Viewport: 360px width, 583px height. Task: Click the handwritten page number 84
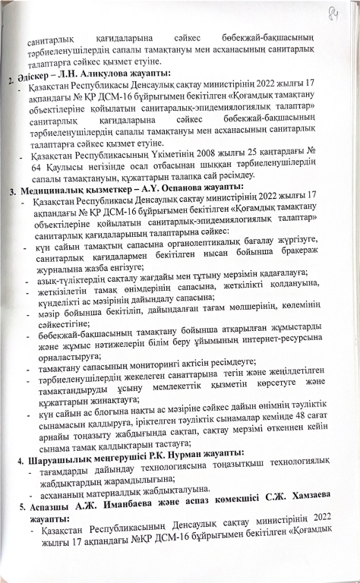[333, 13]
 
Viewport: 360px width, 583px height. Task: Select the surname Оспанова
[197, 188]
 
